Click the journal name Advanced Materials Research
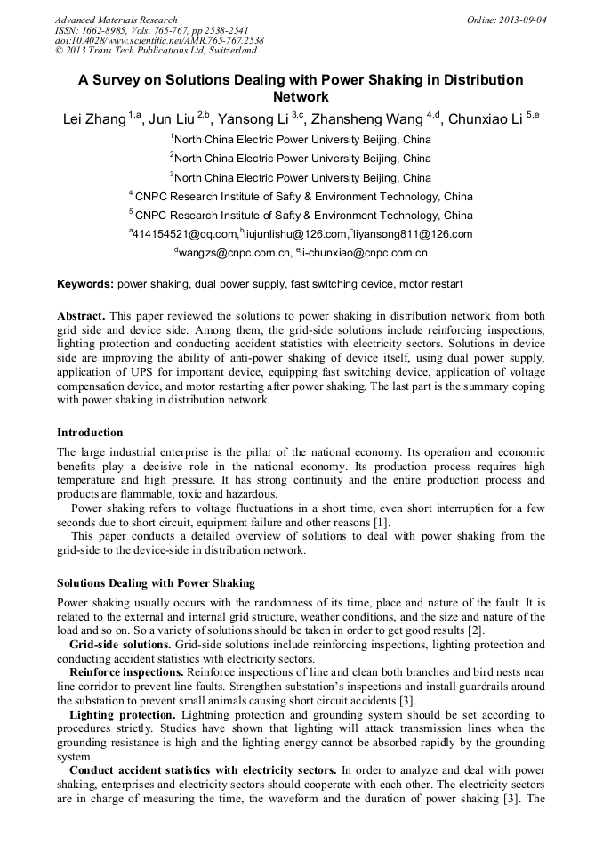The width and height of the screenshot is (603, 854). click(116, 20)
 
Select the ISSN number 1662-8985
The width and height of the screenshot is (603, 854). click(105, 30)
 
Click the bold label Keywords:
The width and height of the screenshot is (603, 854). click(85, 284)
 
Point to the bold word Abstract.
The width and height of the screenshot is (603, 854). click(81, 317)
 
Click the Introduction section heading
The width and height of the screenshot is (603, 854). click(90, 433)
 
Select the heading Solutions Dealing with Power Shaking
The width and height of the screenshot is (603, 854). click(156, 583)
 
